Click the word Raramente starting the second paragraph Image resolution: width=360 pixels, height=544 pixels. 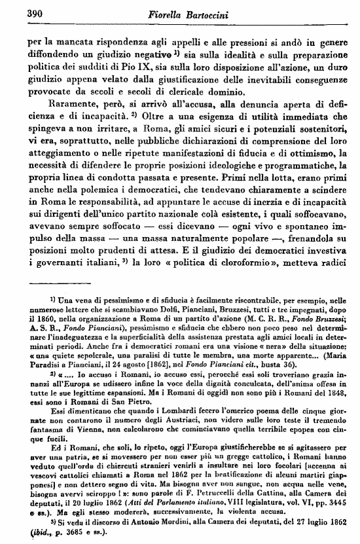[63, 103]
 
